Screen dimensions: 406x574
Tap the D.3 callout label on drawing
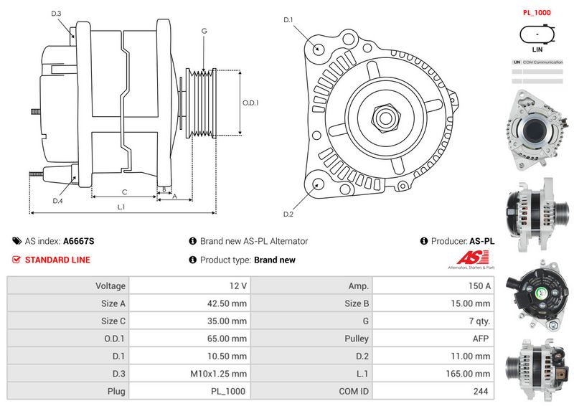click(57, 14)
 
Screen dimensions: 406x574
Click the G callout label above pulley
click(204, 31)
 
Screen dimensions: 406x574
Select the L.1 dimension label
click(121, 207)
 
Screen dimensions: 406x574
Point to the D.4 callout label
click(57, 201)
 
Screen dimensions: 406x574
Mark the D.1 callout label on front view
click(288, 20)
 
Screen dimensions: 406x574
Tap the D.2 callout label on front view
click(288, 214)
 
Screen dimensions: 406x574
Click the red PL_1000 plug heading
click(537, 13)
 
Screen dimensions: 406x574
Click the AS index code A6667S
click(79, 242)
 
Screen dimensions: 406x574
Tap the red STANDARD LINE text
click(57, 260)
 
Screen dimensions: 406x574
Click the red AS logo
click(470, 259)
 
